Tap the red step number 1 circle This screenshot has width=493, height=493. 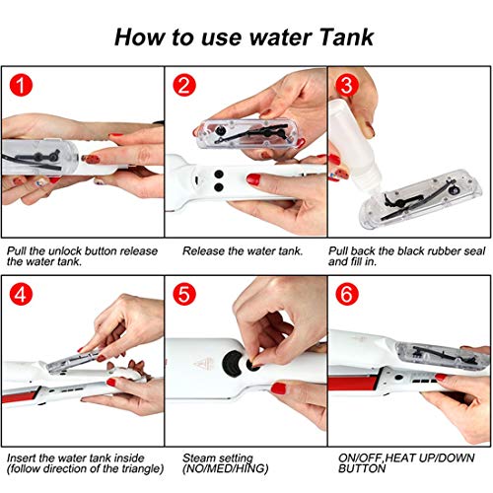click(x=21, y=85)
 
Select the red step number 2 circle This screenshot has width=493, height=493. click(x=184, y=85)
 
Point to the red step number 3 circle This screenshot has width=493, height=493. click(x=347, y=85)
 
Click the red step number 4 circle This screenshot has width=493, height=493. click(x=21, y=294)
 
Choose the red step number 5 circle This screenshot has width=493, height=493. click(x=184, y=294)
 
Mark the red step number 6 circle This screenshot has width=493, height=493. click(x=347, y=294)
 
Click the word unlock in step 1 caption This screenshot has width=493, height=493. click(x=65, y=251)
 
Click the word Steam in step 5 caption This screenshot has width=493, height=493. click(x=198, y=458)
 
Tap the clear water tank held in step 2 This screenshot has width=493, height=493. click(x=247, y=133)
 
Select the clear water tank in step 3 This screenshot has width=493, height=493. click(x=421, y=199)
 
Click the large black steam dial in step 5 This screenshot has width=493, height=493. click(x=233, y=363)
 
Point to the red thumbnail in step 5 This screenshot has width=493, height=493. click(x=279, y=388)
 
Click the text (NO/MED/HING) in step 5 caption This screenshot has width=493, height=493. click(x=226, y=468)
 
